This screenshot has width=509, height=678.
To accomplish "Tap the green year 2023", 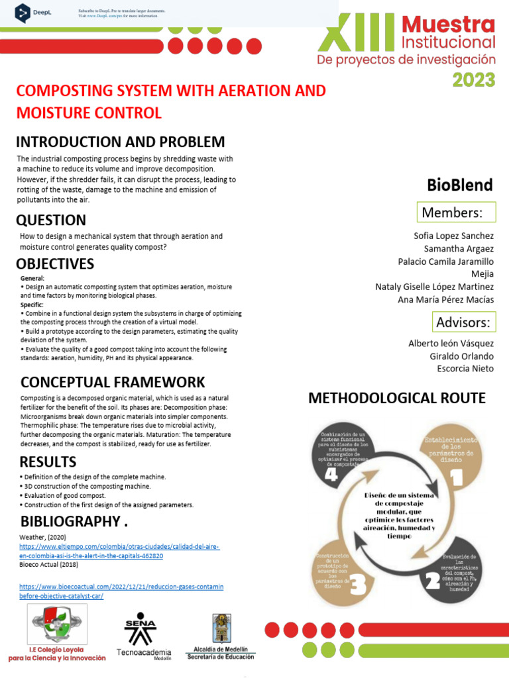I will (473, 80).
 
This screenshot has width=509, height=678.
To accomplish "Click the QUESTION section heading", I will (51, 220).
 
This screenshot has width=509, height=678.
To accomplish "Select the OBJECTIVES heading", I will (55, 264).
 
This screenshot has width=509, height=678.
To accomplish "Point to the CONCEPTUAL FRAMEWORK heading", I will (113, 382).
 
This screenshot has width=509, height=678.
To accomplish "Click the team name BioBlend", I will (460, 185).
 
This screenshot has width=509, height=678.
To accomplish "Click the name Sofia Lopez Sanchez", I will (453, 236).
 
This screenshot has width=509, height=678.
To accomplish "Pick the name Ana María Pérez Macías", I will (445, 299).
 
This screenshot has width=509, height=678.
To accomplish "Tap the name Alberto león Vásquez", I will (451, 343).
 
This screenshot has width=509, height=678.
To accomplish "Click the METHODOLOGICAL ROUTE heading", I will (397, 398).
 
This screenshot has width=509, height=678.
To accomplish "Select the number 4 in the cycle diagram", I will (331, 475).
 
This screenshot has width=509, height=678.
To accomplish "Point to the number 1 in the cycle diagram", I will (455, 476).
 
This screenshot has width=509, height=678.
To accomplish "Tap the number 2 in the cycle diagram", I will (433, 581).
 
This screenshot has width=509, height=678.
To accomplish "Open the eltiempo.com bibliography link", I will (119, 551).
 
